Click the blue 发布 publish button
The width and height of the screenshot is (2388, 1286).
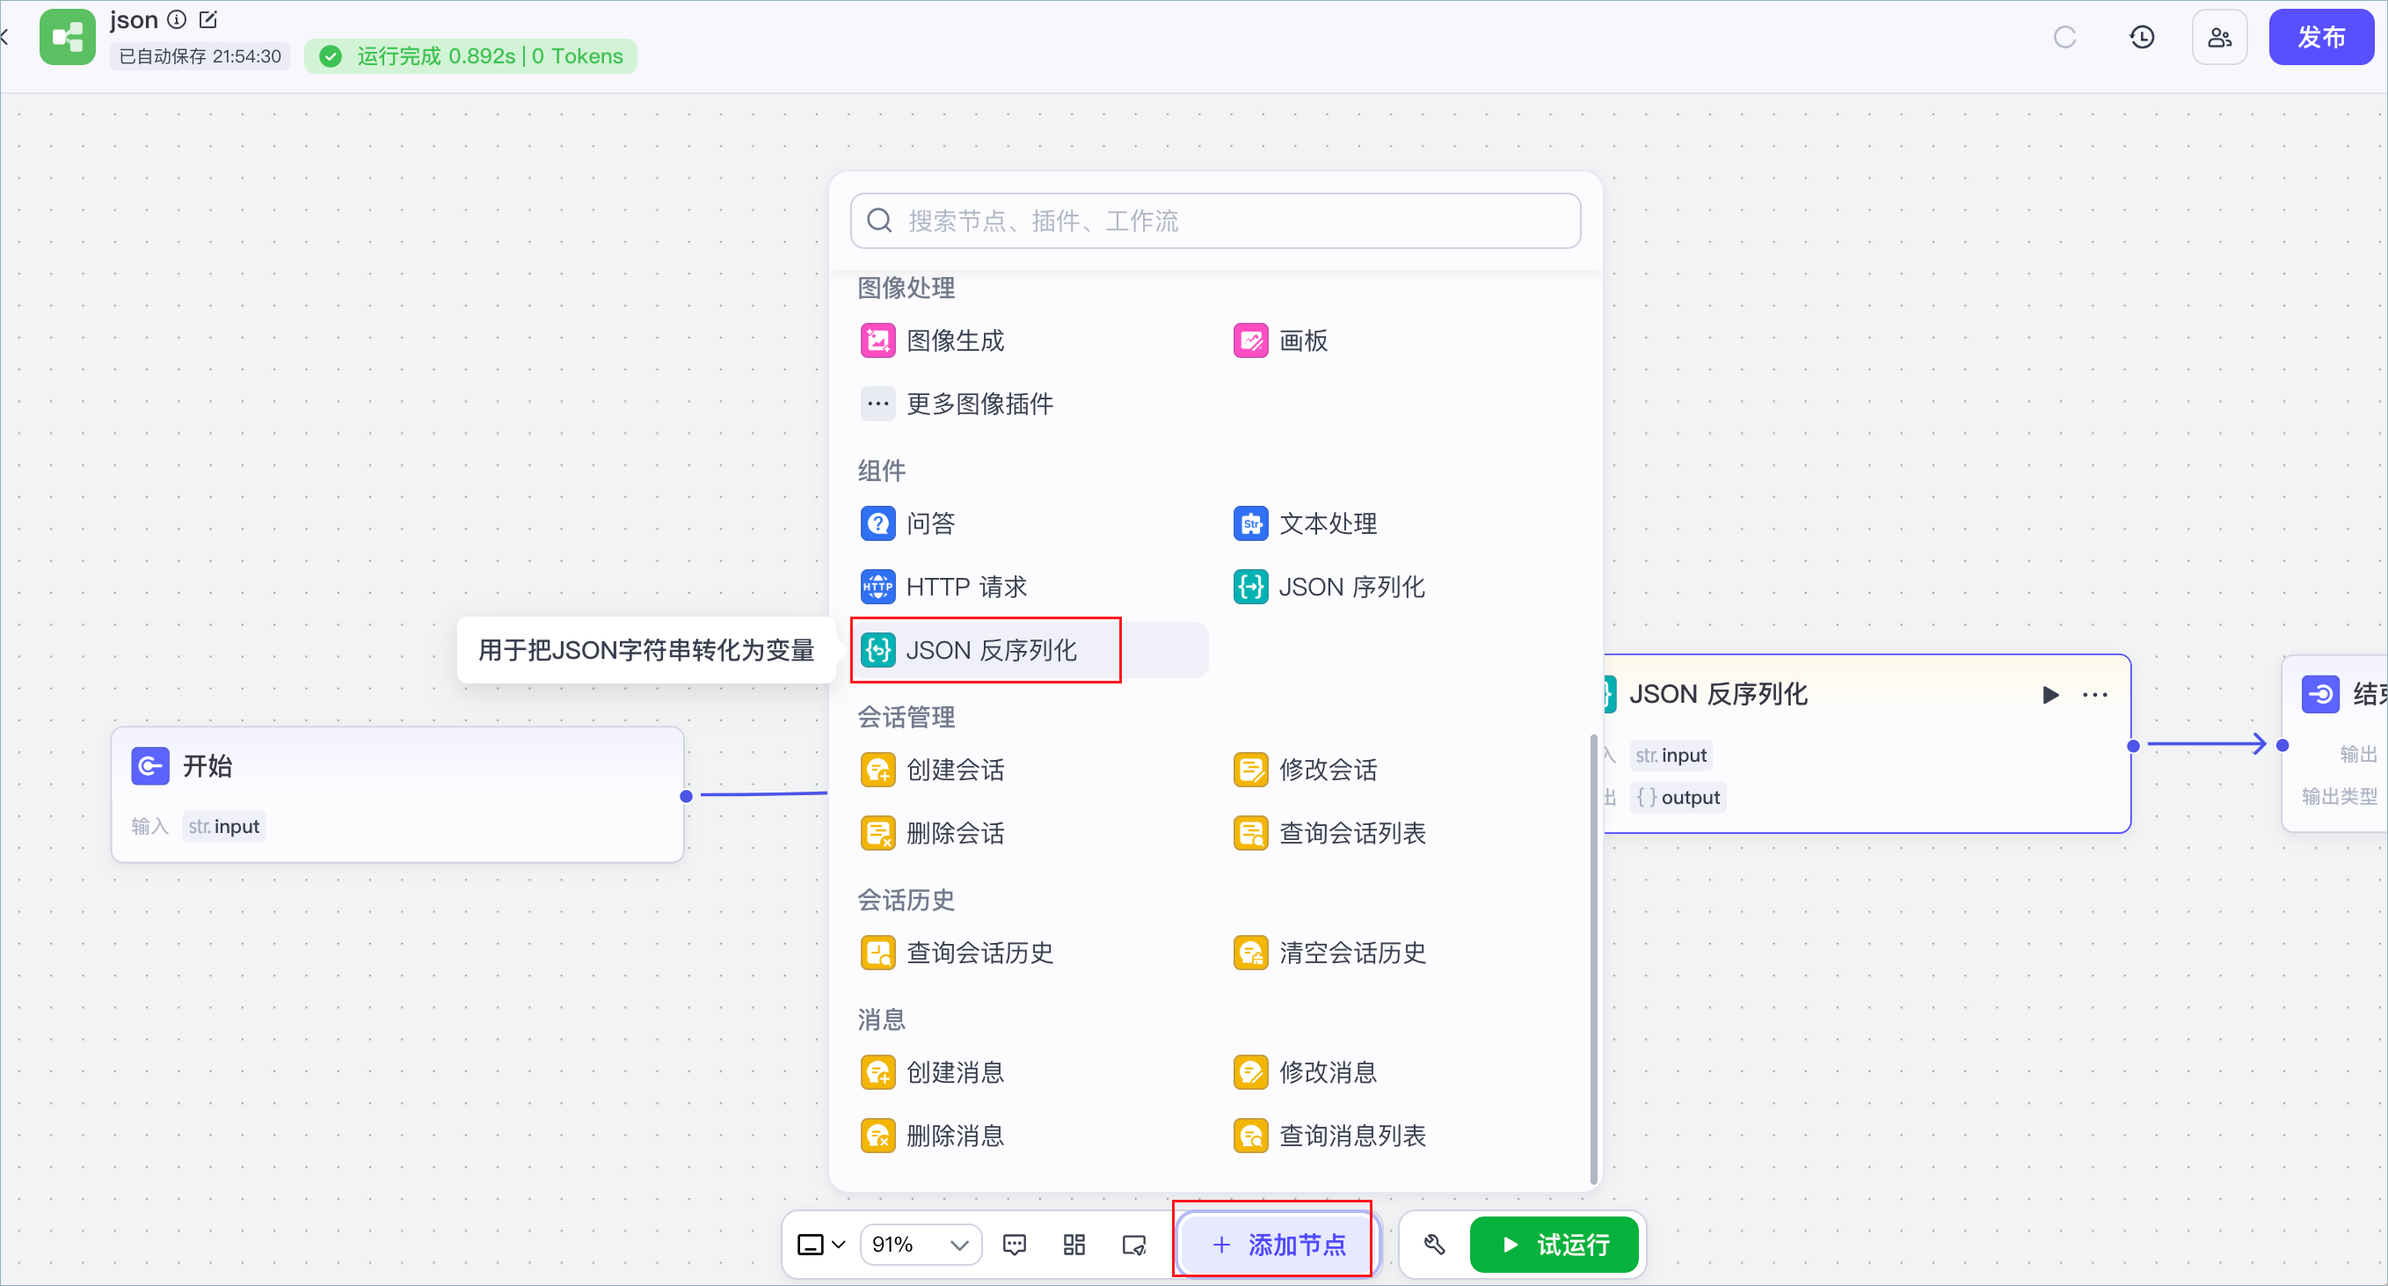tap(2320, 37)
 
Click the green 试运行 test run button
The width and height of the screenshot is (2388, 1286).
tap(1554, 1245)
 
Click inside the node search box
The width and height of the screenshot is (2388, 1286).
tap(1215, 221)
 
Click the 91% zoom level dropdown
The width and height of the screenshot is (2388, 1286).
tap(921, 1245)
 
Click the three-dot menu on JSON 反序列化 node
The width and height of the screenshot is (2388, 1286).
tap(2095, 695)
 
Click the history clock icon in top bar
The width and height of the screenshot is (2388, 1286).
tap(2142, 37)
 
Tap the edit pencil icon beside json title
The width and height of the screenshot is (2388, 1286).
tap(208, 19)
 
